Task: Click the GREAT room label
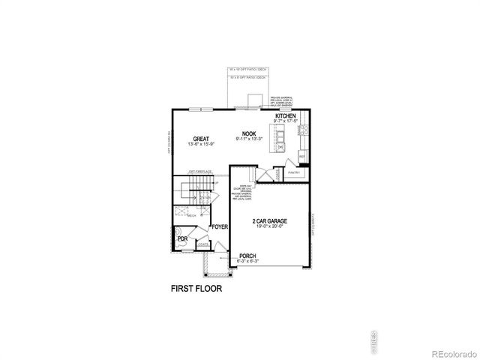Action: [x=200, y=139]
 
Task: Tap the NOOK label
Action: [x=249, y=133]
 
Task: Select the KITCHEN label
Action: [x=286, y=115]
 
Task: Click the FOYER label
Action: [x=219, y=226]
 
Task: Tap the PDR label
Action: [x=182, y=239]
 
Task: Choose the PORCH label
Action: [x=248, y=256]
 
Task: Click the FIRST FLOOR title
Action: [x=197, y=287]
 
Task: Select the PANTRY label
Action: [x=294, y=172]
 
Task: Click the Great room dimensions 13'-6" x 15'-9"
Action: [x=200, y=144]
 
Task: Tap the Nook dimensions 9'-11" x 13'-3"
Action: [x=249, y=139]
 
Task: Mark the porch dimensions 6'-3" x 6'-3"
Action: [x=248, y=261]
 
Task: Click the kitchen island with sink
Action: [x=281, y=139]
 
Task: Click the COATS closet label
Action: [x=203, y=243]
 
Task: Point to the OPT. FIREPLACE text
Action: [x=200, y=172]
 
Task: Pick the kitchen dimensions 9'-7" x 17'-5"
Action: [x=286, y=121]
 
